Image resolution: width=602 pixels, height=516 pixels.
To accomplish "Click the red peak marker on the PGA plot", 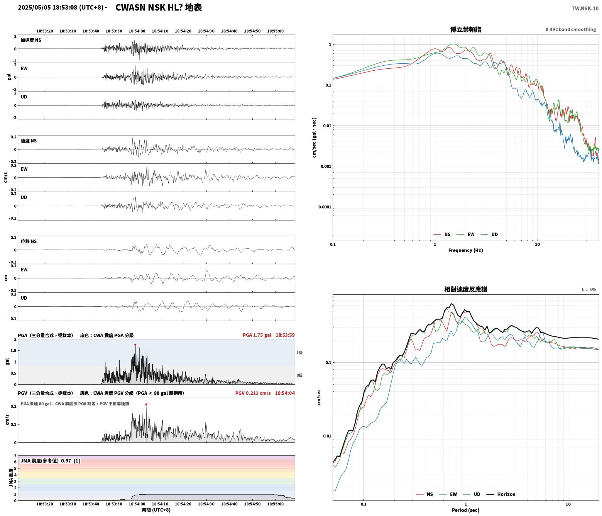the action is (x=135, y=345).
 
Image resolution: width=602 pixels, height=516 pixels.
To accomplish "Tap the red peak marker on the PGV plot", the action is (x=146, y=405).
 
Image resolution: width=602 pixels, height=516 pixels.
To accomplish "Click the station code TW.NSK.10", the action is (x=585, y=9).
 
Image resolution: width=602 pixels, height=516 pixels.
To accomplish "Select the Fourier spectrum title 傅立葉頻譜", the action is (x=466, y=29).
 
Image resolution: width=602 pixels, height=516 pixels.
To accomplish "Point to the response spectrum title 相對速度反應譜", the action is (x=466, y=289).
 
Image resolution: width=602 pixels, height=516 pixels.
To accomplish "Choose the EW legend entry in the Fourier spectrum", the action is (x=466, y=235).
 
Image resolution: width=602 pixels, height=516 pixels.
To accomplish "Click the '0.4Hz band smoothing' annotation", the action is (x=571, y=30).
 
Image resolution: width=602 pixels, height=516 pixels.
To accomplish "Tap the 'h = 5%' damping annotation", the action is (x=589, y=290).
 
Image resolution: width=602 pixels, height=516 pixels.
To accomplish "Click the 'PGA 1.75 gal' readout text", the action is (x=257, y=335).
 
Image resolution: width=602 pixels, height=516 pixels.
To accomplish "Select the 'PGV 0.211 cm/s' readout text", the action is (x=253, y=393).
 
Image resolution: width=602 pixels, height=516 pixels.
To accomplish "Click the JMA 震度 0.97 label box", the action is (x=50, y=461).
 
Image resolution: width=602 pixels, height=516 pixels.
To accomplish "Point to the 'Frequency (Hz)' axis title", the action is (x=466, y=250).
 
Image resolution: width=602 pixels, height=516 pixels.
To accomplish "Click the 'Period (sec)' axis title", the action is (x=466, y=510).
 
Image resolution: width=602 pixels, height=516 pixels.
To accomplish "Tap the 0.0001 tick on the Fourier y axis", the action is (x=324, y=207).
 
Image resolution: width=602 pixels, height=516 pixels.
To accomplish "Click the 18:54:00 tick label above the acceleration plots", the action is (x=137, y=31).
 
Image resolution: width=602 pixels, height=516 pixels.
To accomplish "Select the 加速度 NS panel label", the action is (x=31, y=40).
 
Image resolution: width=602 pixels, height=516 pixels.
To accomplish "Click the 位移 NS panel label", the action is (x=29, y=241).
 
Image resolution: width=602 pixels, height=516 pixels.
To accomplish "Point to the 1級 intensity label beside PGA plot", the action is (x=299, y=353).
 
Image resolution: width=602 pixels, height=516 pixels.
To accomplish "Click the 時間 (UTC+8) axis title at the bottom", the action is (x=156, y=510).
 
